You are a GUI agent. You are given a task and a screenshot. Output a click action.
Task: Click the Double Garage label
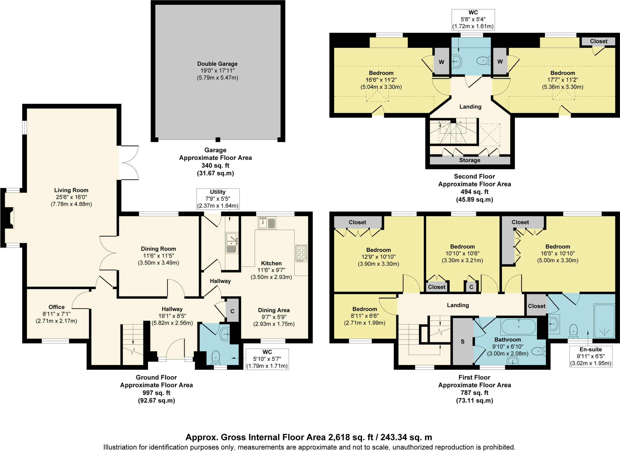(217, 64)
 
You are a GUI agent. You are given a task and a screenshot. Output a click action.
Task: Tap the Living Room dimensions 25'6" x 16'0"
(71, 197)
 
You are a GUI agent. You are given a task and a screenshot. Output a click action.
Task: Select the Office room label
(57, 307)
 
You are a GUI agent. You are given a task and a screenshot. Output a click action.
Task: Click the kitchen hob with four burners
(302, 253)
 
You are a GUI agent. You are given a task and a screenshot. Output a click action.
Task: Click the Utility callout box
(218, 199)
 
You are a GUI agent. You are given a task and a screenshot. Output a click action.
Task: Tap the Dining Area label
(274, 310)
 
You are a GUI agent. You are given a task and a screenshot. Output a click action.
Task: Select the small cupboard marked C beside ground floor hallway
(232, 311)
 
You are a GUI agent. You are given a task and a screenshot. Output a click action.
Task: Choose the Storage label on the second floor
(470, 160)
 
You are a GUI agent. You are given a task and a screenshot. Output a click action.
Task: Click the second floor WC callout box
(473, 19)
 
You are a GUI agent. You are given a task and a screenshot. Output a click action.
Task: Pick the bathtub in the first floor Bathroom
(519, 327)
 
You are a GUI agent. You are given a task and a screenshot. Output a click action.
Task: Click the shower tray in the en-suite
(604, 321)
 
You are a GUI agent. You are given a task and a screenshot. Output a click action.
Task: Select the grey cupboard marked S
(462, 342)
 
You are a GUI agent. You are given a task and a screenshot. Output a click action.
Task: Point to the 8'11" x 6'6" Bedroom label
(364, 309)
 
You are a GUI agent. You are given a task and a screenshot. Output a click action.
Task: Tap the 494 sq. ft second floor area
(474, 192)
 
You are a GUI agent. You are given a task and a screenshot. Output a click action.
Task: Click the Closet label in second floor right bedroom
(599, 41)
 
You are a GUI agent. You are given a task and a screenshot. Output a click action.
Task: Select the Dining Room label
(158, 249)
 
